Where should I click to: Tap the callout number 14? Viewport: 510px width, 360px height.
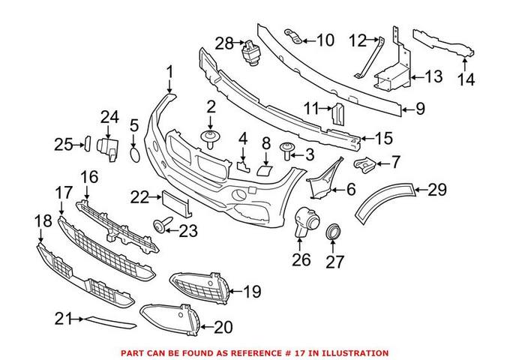[x=466, y=79]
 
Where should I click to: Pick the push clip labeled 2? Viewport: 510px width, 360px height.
[x=211, y=137]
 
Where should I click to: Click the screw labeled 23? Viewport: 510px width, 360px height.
[x=160, y=224]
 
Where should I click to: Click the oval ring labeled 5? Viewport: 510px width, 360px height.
[x=133, y=154]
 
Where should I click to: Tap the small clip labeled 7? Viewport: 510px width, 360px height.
[x=365, y=162]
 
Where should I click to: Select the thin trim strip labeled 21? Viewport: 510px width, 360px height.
[x=109, y=322]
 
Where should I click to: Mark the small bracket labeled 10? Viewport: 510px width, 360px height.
[x=295, y=36]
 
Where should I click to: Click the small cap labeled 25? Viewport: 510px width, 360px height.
[x=85, y=142]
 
